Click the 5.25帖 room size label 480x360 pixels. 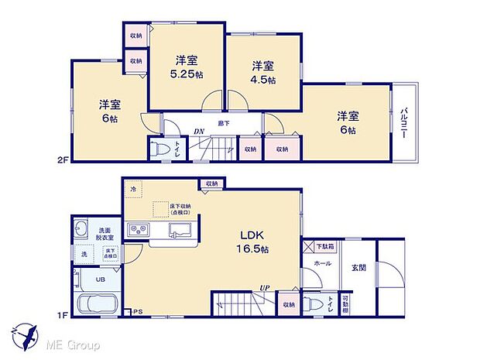pyautogui.click(x=186, y=75)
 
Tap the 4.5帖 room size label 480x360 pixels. pyautogui.click(x=262, y=82)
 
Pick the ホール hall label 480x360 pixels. pyautogui.click(x=323, y=263)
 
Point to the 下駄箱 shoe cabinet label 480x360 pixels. pyautogui.click(x=326, y=245)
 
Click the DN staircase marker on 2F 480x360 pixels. pyautogui.click(x=199, y=132)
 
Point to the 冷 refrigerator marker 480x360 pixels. pyautogui.click(x=132, y=188)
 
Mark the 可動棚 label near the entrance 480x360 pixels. pyautogui.click(x=346, y=302)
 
